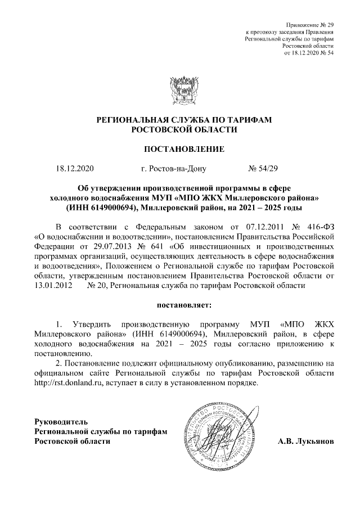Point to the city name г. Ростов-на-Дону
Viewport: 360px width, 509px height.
(174, 168)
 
